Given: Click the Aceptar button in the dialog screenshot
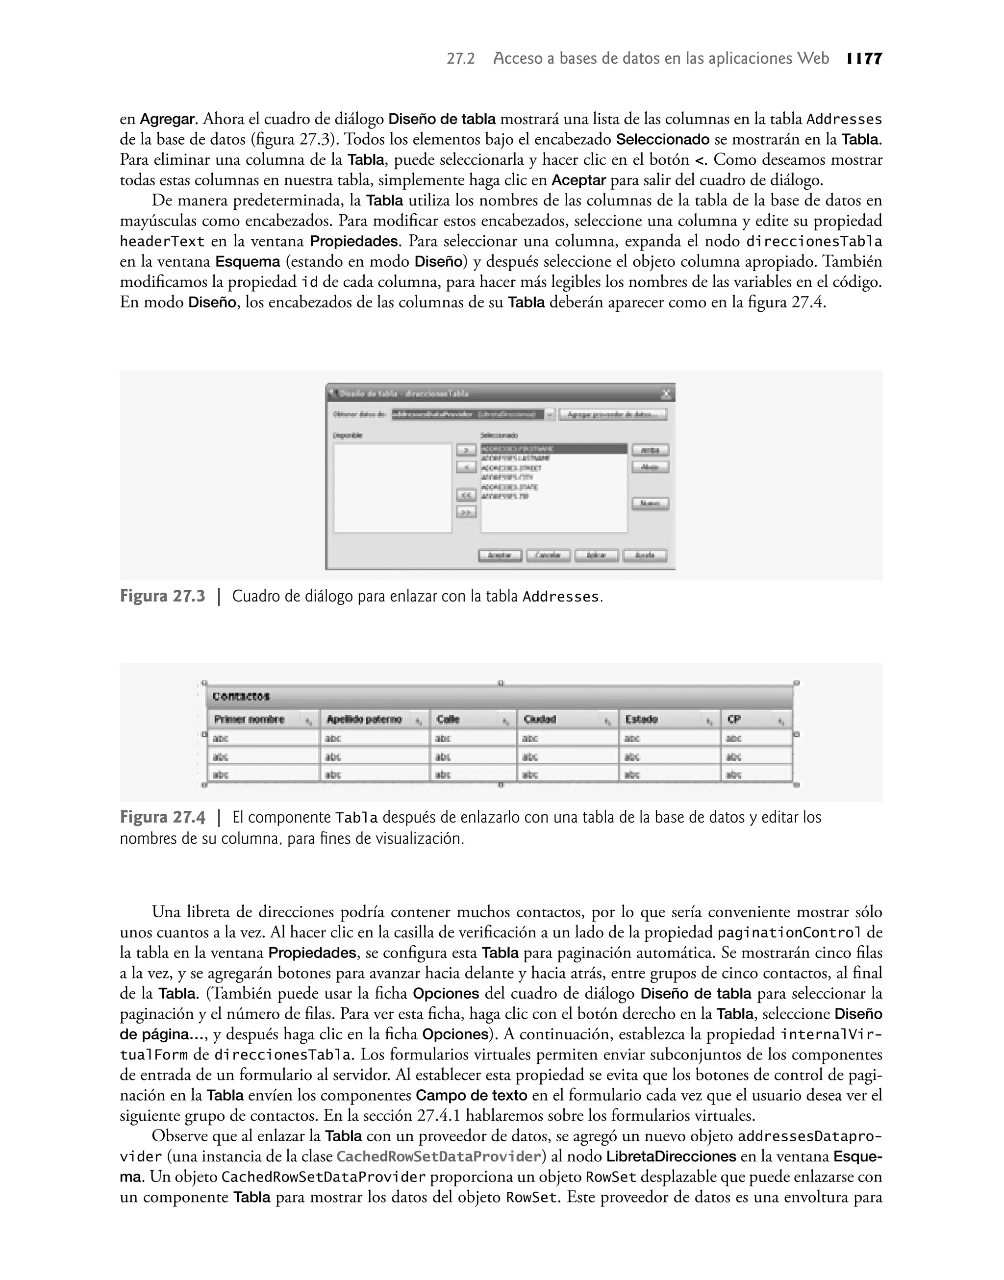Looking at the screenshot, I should pos(500,555).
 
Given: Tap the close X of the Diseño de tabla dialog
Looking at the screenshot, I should pos(666,394).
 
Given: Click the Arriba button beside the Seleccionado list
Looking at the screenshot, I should pos(650,450).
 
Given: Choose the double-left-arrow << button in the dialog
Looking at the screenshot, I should pos(466,496).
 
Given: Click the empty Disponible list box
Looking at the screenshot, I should pos(392,488).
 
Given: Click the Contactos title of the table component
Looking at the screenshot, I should pos(241,697).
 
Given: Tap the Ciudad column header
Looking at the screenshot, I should pos(540,719).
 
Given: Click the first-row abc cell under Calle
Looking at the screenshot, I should pos(443,738).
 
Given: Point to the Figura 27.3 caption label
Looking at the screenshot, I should pos(162,597).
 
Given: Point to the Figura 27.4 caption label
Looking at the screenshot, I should pos(162,818).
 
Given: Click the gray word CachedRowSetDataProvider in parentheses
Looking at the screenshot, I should pos(439,1156).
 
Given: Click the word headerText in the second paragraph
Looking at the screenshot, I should pos(162,242).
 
